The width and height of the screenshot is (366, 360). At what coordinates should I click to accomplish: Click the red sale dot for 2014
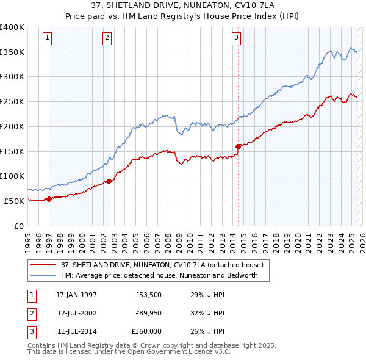[x=238, y=146]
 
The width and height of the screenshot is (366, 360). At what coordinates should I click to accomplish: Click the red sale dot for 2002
[x=109, y=181]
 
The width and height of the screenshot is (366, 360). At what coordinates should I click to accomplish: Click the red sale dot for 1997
[x=49, y=199]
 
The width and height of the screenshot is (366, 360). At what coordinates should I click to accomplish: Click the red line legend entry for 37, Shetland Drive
[x=162, y=265]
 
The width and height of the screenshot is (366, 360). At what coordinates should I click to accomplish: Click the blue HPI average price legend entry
[x=160, y=275]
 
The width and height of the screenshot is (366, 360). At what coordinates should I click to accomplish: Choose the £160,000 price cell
[x=146, y=331]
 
